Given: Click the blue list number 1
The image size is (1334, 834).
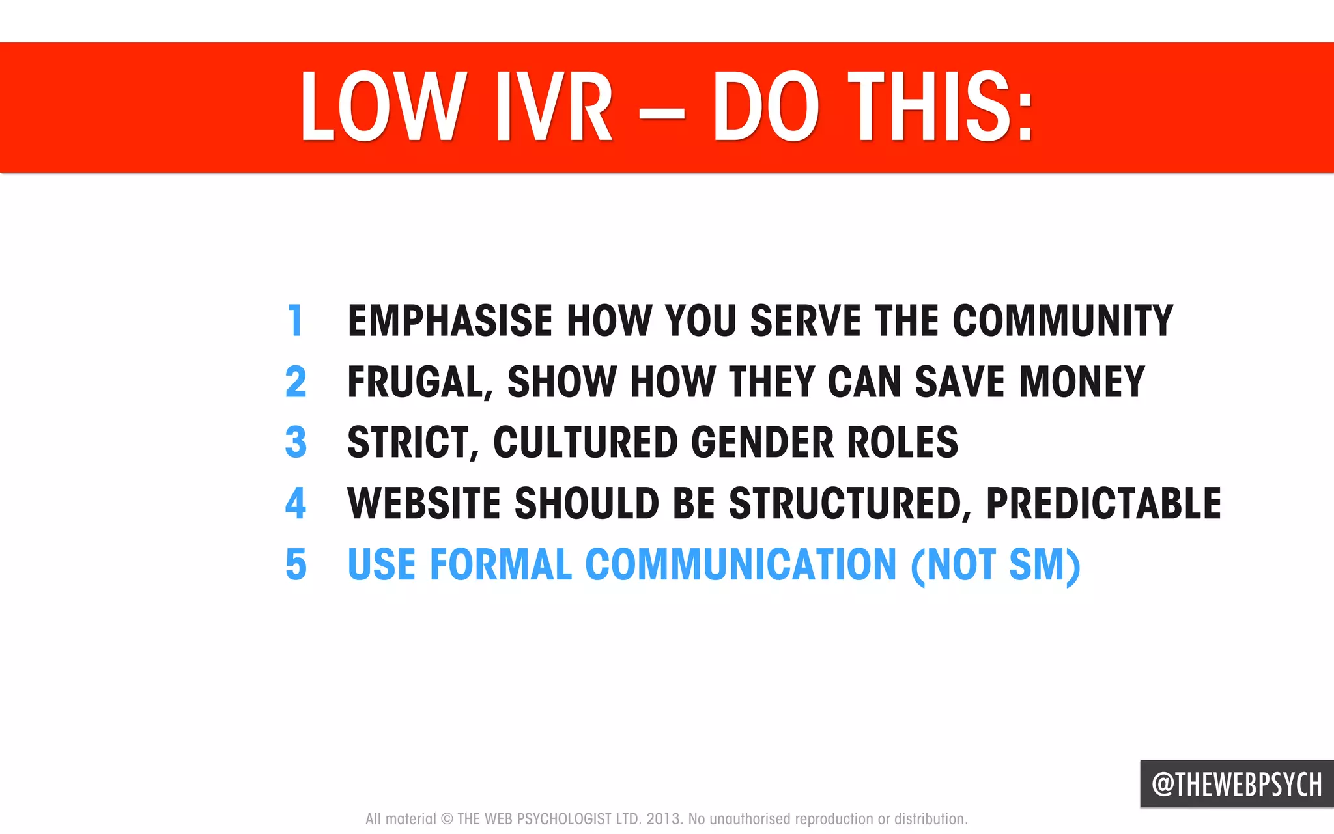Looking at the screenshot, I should click(x=296, y=320).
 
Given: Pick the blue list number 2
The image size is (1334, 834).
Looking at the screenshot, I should click(x=296, y=382).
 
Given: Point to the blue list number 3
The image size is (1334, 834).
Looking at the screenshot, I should click(x=296, y=442).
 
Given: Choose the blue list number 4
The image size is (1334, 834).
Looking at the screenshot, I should click(x=296, y=503).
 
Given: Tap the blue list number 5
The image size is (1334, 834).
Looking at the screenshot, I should click(x=296, y=564).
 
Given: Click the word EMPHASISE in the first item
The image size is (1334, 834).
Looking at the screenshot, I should click(x=450, y=320).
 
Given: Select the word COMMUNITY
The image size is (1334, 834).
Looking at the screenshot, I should click(x=1062, y=320).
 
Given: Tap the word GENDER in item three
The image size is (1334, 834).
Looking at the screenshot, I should click(x=762, y=442).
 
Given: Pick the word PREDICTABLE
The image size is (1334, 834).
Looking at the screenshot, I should click(x=1103, y=503).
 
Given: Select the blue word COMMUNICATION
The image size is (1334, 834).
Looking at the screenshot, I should click(x=741, y=564).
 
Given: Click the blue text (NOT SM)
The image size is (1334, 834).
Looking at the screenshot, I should click(x=995, y=565).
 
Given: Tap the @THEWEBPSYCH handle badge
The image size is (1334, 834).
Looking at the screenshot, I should click(x=1236, y=785).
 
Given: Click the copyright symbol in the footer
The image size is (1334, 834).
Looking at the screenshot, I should click(x=447, y=819).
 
